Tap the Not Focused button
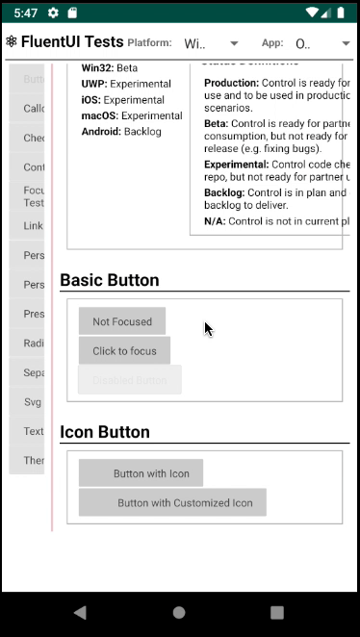(122, 321)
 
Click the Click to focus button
(124, 351)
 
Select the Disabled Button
(130, 380)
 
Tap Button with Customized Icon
(173, 502)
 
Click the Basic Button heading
(110, 280)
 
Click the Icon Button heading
(105, 432)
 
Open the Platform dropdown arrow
(234, 43)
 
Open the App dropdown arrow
(346, 43)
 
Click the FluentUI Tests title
(72, 42)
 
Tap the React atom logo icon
(11, 42)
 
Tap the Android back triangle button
(80, 612)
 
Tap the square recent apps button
(277, 612)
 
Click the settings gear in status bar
(53, 13)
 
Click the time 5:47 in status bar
(26, 13)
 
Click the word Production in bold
(231, 84)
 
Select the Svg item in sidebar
(34, 400)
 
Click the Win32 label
(97, 68)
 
